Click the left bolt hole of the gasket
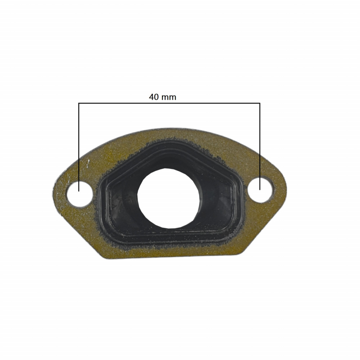click(80, 194)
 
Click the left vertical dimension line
click(78, 144)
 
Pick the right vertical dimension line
click(260, 144)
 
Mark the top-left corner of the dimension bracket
click(78, 104)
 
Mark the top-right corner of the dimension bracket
click(260, 104)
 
